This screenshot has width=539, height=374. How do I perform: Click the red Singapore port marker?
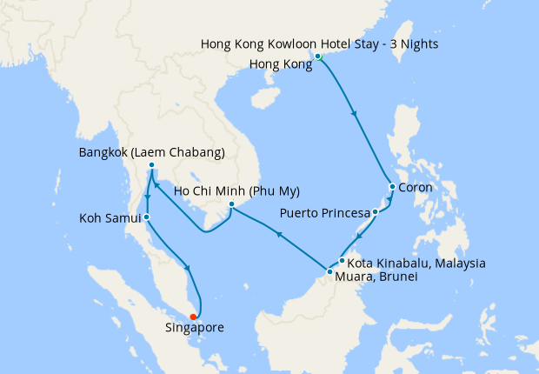point(193,317)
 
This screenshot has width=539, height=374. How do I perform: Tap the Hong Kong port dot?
point(318,57)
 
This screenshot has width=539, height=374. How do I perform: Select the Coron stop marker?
point(392,187)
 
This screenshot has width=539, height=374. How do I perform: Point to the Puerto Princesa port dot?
point(376,211)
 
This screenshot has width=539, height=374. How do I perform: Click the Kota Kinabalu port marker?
point(343,261)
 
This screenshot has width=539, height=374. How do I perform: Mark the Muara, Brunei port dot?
point(329,272)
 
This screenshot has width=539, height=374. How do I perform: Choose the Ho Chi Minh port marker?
point(231,205)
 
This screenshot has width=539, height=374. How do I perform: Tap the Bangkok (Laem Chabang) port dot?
point(151,165)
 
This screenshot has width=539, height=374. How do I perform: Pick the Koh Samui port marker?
point(147,217)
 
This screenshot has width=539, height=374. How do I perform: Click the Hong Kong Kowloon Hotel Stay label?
point(319,43)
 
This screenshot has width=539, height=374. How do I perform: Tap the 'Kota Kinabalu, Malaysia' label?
point(416,263)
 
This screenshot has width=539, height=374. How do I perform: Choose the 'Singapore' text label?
point(195,329)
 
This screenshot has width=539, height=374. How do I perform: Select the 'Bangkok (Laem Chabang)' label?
point(151,152)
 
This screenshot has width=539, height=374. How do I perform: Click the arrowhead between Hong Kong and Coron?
point(352,112)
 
